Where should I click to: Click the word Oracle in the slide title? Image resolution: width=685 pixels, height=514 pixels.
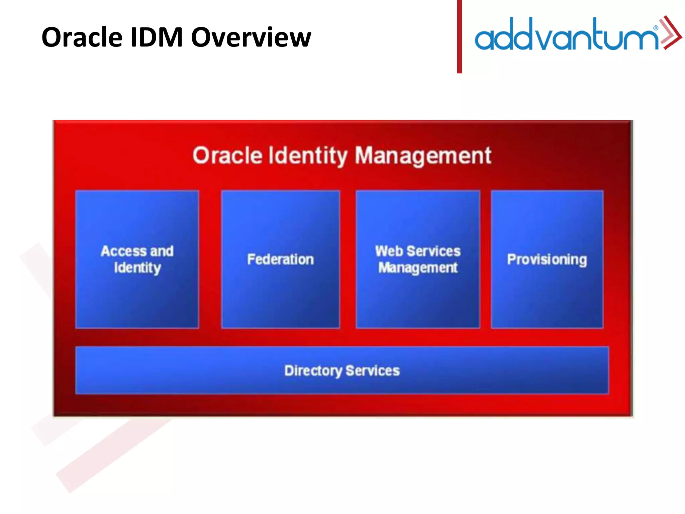click(x=82, y=37)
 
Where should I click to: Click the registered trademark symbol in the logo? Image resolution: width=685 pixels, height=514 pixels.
click(x=656, y=28)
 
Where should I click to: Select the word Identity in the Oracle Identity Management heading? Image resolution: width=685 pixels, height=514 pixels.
click(x=308, y=156)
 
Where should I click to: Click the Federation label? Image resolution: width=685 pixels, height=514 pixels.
click(x=280, y=259)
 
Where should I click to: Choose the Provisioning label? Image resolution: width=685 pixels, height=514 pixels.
click(x=547, y=260)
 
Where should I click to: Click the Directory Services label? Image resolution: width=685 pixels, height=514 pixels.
click(x=342, y=371)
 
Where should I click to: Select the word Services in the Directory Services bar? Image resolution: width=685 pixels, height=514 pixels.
click(x=372, y=370)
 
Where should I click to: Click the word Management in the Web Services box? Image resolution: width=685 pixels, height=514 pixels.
click(x=418, y=268)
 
